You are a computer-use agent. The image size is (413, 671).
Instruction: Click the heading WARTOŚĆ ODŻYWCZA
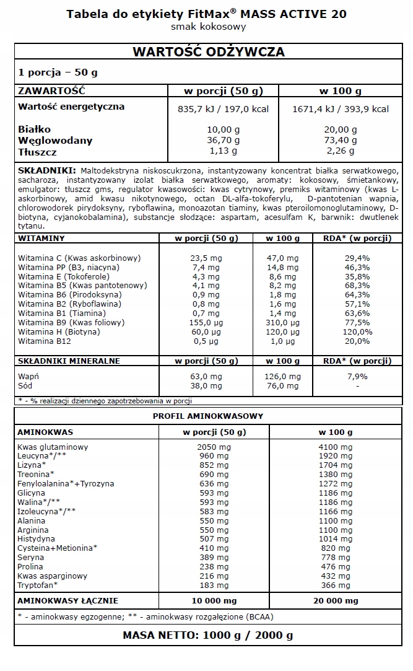click(209, 52)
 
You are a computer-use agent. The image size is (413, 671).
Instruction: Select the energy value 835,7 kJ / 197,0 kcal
click(224, 109)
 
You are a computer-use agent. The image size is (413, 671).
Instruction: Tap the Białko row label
click(35, 129)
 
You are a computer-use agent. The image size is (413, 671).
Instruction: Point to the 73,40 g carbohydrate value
click(340, 140)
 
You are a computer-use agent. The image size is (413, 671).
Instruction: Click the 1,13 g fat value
click(224, 151)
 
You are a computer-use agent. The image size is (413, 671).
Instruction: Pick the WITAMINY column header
click(41, 238)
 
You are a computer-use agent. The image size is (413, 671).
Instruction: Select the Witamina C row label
click(79, 258)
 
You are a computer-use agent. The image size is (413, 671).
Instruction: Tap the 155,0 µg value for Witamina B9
click(207, 323)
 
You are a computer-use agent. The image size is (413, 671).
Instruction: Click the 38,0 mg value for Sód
click(207, 385)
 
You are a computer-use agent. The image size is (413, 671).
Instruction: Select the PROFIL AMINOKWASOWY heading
click(208, 416)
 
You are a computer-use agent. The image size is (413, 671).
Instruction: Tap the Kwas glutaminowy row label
click(53, 447)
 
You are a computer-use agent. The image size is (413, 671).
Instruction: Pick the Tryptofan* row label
click(38, 585)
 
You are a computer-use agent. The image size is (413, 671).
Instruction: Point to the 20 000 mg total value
click(335, 600)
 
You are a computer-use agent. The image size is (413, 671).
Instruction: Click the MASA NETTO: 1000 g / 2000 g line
click(208, 635)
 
